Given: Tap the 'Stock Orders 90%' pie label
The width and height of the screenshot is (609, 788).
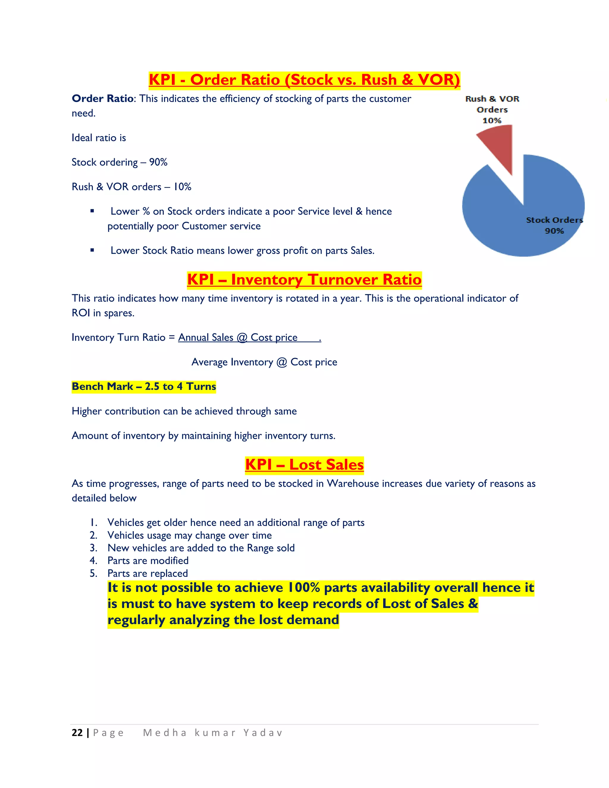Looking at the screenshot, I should tap(554, 225).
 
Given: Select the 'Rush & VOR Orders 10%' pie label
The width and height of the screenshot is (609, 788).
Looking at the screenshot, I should tap(492, 109).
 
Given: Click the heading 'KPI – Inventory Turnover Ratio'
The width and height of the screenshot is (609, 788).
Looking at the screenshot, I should tap(304, 280).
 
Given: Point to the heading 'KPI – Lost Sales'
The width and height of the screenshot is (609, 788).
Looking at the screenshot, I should tap(304, 465).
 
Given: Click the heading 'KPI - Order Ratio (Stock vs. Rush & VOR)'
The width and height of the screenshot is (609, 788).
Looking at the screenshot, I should tap(304, 80).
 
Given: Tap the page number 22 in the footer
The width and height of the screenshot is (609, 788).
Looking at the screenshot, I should tap(77, 733).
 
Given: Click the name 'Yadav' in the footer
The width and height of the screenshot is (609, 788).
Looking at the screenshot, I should tap(263, 733).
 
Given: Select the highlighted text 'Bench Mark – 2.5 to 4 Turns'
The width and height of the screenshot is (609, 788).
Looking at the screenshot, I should tap(144, 387).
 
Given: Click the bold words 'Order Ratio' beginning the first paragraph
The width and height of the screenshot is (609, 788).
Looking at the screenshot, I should tap(103, 98).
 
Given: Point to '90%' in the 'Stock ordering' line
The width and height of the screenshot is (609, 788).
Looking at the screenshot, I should tap(158, 162).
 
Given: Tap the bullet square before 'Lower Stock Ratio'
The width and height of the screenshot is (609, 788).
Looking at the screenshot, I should tap(92, 250).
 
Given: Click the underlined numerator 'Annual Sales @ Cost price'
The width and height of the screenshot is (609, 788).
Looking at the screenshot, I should tap(238, 338).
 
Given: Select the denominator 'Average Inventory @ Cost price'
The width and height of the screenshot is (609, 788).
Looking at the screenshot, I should tap(264, 362).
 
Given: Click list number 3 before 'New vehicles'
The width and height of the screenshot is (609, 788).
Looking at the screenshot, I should tap(93, 548).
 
